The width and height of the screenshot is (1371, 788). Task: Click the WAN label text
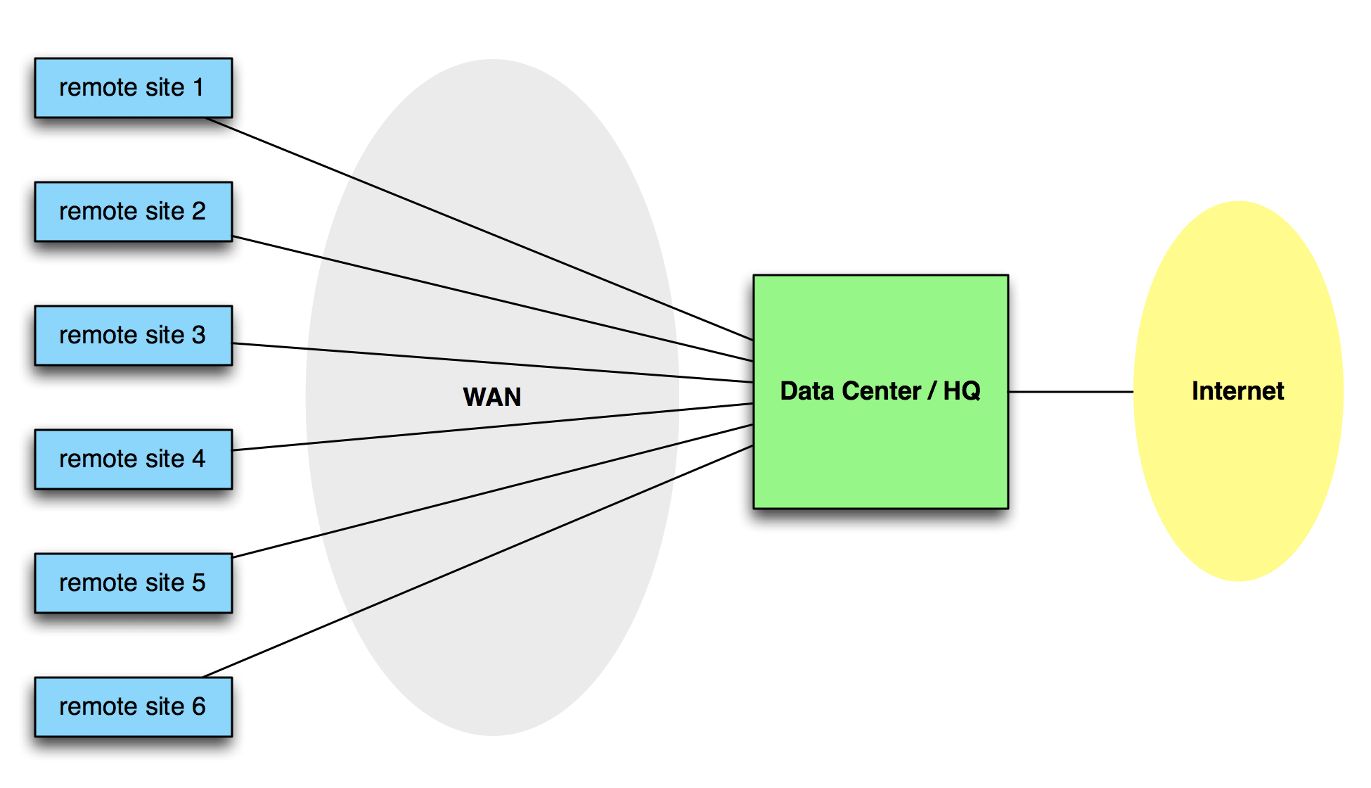pos(492,398)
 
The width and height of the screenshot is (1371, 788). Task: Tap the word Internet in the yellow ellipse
pos(1237,391)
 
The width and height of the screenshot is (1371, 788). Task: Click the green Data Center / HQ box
pos(880,450)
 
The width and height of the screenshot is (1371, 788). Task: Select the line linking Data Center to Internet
pos(1070,392)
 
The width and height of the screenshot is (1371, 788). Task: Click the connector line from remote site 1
pos(478,229)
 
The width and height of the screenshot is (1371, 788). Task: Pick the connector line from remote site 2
pos(492,299)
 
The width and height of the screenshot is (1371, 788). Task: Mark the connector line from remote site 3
pos(492,363)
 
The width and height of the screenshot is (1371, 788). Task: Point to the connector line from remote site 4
pos(492,427)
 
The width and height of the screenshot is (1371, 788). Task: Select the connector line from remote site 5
pos(492,491)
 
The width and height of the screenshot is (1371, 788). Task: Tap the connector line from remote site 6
pos(478,561)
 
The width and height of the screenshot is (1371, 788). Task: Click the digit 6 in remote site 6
pos(198,707)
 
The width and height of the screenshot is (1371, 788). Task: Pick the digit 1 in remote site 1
pos(198,88)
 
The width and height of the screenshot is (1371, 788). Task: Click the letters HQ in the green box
pos(961,391)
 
